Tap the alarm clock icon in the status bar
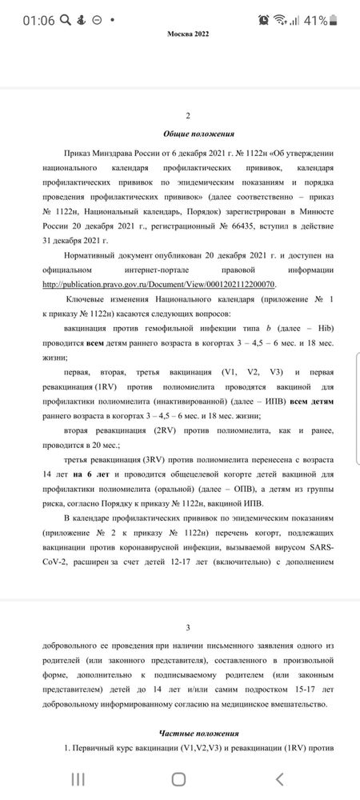click(x=263, y=19)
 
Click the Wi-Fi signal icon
click(x=280, y=19)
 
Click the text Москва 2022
click(x=187, y=34)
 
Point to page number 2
click(x=187, y=116)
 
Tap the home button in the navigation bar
click(x=179, y=779)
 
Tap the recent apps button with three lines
click(x=78, y=779)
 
